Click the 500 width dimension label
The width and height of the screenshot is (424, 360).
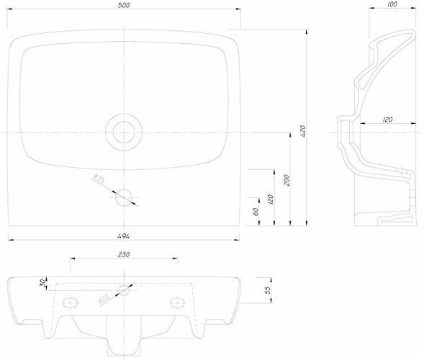coord(124,5)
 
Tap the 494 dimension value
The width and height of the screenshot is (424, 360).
coord(124,236)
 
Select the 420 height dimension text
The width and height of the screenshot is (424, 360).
coord(302,131)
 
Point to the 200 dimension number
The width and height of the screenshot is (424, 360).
coord(287,180)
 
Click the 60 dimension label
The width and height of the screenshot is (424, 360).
coord(256,211)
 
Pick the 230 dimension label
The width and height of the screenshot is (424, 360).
coord(124,254)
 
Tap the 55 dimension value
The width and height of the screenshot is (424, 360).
coord(267,290)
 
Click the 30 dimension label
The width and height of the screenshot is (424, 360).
coord(42,283)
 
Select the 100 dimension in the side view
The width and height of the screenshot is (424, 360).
coord(392,4)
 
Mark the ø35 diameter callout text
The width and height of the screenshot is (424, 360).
coord(99,179)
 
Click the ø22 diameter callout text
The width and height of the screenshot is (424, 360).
coord(104,299)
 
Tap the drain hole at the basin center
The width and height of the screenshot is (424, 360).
coord(124,132)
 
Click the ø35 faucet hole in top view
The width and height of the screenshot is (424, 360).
coord(124,197)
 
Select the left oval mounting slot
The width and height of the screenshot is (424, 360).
coord(70,302)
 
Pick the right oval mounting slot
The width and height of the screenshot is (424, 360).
coord(178,302)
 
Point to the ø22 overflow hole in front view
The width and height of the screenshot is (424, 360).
coord(124,290)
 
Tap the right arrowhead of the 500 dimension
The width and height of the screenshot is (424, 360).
coord(238,9)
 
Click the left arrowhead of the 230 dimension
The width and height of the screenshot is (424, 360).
coord(73,258)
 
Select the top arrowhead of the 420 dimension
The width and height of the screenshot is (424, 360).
coord(307,32)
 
